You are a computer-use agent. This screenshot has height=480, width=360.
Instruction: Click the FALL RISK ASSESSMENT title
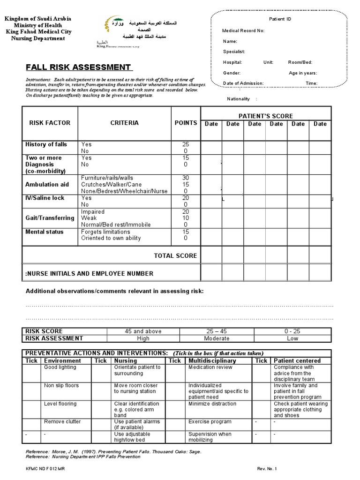coord(78,67)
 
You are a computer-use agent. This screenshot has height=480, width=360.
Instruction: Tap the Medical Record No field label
coord(243,30)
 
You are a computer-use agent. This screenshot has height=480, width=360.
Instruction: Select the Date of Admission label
coord(243,83)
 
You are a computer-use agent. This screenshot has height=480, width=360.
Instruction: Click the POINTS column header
coord(186,123)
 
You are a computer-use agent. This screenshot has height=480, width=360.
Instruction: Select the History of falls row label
coord(46,144)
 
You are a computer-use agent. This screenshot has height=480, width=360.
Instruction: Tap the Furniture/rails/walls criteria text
coord(107,178)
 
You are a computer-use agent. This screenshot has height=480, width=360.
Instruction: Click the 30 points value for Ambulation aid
coord(186,178)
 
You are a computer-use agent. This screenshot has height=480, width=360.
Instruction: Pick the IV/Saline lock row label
coord(45,198)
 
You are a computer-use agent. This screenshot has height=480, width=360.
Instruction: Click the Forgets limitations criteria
coord(105,232)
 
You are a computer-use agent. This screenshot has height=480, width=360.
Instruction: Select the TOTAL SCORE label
coord(175,255)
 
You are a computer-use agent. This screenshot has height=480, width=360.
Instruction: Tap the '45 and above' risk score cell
coord(143,331)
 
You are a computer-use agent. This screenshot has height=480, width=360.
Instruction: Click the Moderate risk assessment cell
coord(217,338)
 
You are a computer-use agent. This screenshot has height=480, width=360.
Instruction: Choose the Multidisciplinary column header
coord(212,360)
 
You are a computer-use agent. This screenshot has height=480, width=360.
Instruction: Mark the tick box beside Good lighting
coord(32,373)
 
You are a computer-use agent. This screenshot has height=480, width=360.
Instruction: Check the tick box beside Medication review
coord(174,373)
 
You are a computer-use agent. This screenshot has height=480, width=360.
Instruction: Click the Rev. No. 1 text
coord(267,468)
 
